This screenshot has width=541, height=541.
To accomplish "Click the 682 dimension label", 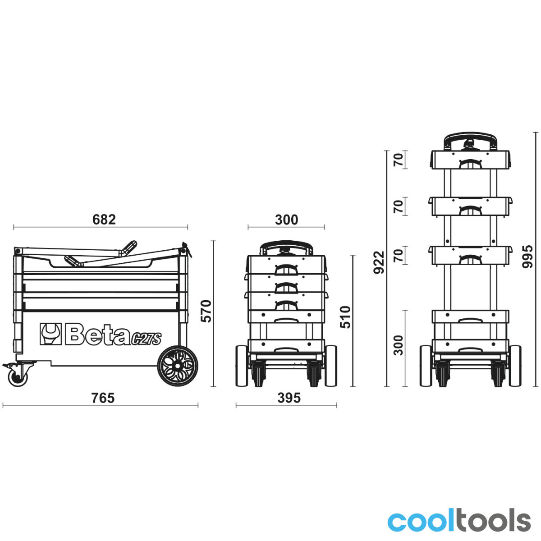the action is coord(104,220).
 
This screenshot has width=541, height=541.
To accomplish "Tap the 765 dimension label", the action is coord(103,398).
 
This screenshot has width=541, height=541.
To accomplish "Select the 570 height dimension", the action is coord(206,311).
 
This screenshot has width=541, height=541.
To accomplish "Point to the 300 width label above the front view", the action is coord(286,220).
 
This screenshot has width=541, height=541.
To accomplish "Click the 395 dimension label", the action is coord(289,398).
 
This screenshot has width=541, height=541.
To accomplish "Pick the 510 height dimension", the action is coord(345,317).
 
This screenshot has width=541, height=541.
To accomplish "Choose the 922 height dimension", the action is coord(379,262).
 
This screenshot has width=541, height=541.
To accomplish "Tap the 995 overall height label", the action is coord(527,257).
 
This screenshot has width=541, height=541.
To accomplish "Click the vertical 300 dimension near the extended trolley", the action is coord(398,345).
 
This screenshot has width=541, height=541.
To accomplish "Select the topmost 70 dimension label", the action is coord(398,160).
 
